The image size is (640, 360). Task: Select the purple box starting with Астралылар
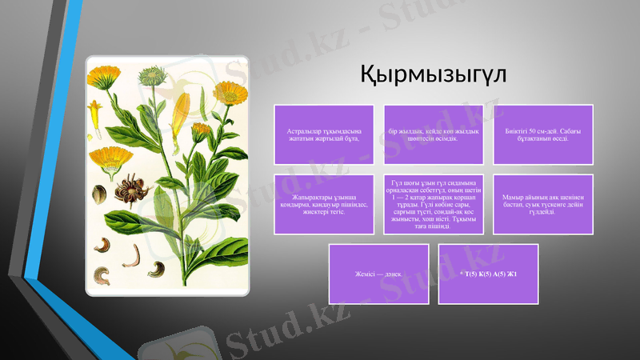point(323,134)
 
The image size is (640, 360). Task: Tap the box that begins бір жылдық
point(434,134)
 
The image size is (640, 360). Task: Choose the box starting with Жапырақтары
point(323,204)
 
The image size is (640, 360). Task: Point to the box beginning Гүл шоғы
point(434,204)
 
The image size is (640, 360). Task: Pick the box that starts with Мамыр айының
point(543,204)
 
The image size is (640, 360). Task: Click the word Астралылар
point(302,130)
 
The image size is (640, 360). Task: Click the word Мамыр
point(513,198)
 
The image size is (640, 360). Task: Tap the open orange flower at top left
point(103,78)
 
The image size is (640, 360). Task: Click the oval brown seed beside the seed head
point(100,193)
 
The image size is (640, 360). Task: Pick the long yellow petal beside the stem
point(181,112)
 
